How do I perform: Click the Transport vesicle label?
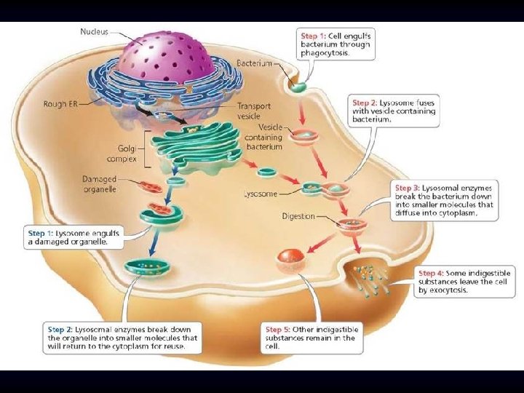(254, 111)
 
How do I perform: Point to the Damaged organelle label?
(100, 184)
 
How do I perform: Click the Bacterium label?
(253, 63)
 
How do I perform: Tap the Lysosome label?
(260, 194)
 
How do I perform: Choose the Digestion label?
(298, 216)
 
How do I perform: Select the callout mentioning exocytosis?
(465, 282)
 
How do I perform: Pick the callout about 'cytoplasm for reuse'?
(123, 338)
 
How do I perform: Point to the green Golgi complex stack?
(193, 148)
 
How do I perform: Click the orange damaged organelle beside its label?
(151, 187)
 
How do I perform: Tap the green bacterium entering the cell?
(299, 86)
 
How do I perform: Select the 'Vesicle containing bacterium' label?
(263, 137)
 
